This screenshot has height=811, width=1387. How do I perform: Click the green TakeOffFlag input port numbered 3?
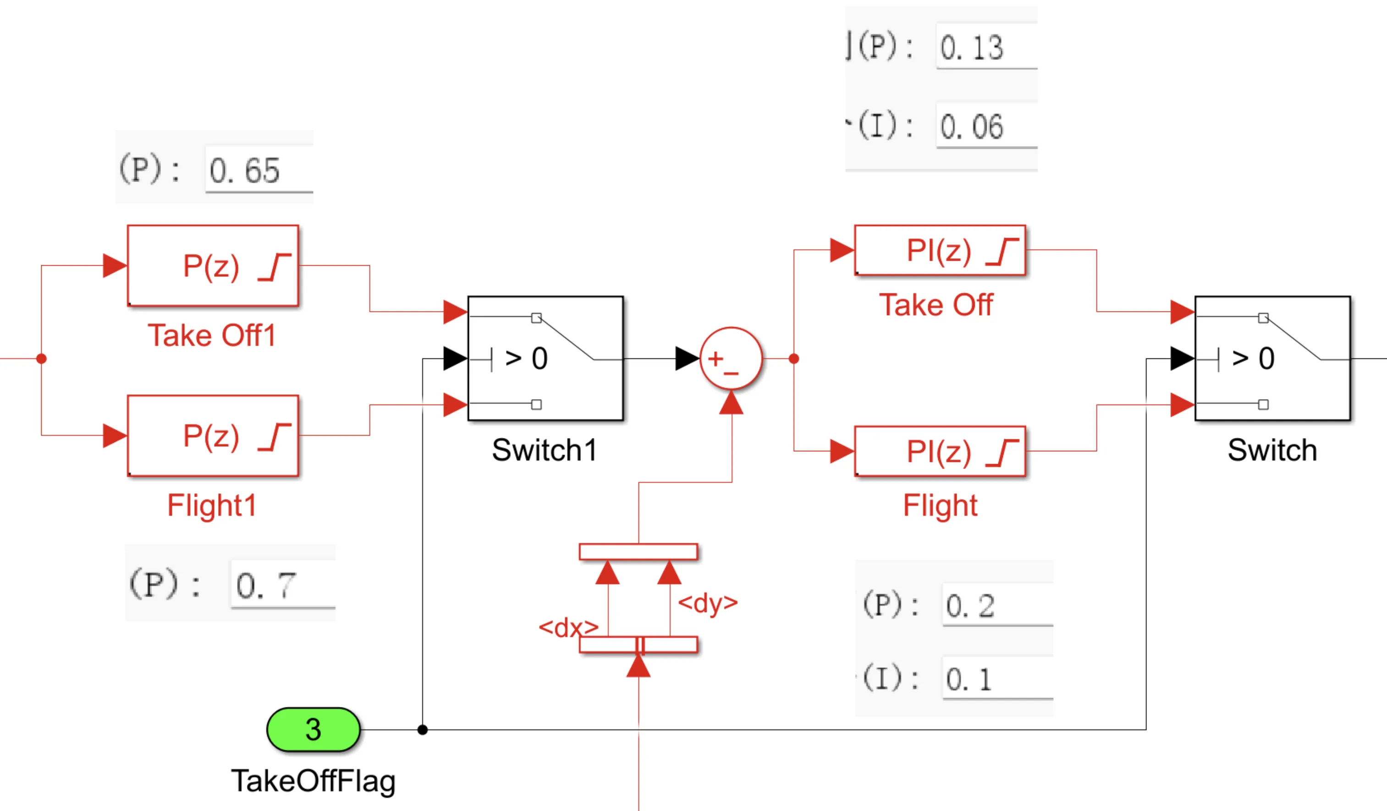click(x=313, y=729)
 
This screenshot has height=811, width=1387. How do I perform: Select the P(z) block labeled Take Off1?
click(x=213, y=266)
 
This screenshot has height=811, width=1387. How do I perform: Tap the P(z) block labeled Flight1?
click(x=213, y=436)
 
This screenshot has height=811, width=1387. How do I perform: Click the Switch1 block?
click(x=545, y=359)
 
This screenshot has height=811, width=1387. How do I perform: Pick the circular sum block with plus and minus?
click(x=731, y=359)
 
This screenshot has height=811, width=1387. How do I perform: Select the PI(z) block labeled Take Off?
click(x=940, y=250)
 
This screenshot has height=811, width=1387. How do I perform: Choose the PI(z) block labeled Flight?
click(x=940, y=451)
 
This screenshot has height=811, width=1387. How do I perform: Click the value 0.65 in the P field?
click(x=245, y=170)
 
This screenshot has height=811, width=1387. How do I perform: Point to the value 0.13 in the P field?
click(x=971, y=47)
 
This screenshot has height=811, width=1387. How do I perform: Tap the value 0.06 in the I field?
click(x=971, y=126)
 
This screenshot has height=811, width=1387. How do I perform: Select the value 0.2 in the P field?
click(x=970, y=606)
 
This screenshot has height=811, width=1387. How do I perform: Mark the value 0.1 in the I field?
click(x=969, y=679)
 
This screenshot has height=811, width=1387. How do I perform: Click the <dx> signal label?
click(x=568, y=627)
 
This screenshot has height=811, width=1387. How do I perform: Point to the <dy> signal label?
click(x=708, y=603)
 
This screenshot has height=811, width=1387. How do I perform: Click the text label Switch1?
click(x=545, y=450)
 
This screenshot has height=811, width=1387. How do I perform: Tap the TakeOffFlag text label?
click(x=313, y=781)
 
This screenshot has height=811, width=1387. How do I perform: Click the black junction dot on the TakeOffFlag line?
click(x=422, y=730)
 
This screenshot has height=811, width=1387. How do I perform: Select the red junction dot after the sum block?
click(x=794, y=359)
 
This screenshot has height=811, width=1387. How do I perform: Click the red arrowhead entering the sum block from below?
click(x=732, y=403)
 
